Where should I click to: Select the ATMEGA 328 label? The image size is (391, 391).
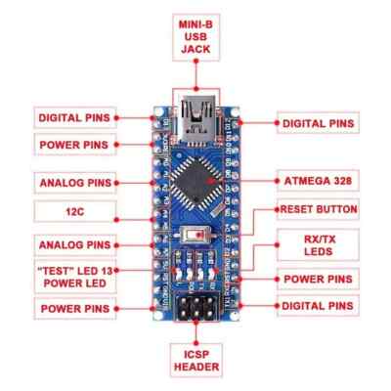[x=316, y=182]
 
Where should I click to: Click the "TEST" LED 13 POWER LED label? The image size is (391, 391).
[x=71, y=275]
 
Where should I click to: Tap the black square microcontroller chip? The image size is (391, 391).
[x=195, y=181]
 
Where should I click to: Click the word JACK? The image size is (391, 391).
[x=196, y=50]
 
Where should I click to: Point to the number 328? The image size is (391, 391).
[x=340, y=182]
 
